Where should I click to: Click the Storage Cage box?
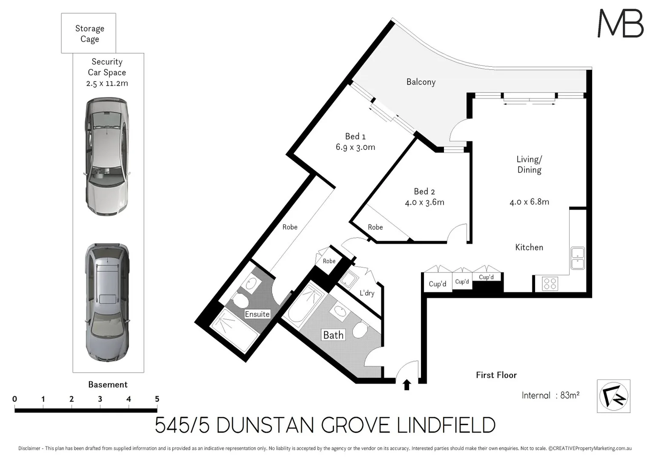[89, 33]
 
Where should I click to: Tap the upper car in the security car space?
[106, 157]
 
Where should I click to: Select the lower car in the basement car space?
[106, 302]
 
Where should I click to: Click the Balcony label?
[421, 82]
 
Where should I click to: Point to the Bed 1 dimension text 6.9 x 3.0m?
[355, 147]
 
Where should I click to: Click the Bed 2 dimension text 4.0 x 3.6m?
[424, 202]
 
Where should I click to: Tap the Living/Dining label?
[529, 164]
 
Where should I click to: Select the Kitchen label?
[529, 247]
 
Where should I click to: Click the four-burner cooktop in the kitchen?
[550, 284]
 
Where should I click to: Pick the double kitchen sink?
[578, 258]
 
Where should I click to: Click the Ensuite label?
[257, 314]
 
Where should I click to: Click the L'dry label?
[367, 293]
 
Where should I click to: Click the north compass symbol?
[613, 396]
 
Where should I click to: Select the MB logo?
[620, 23]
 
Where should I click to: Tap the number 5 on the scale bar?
[157, 399]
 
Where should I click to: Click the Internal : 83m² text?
[550, 395]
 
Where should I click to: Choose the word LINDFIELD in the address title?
[446, 425]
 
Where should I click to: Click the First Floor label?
[496, 375]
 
